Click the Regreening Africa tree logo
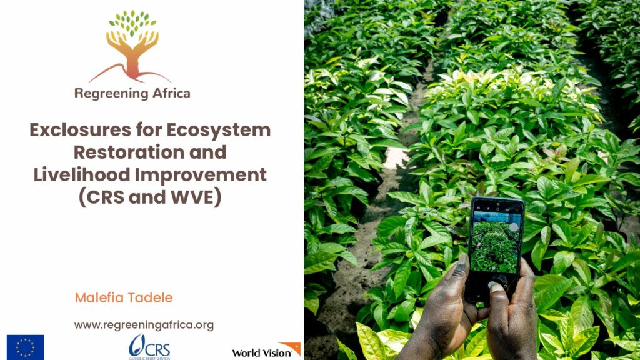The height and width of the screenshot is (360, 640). (x=132, y=46)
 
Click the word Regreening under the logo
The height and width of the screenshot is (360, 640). (x=105, y=94)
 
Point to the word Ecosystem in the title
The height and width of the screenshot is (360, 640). (x=218, y=130)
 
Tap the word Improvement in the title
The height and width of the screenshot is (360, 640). (x=201, y=175)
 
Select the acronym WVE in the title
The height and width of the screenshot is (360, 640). (x=192, y=197)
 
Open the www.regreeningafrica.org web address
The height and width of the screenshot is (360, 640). (x=144, y=325)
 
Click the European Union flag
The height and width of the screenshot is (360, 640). (x=25, y=347)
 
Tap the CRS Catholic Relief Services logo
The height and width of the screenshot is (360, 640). (x=149, y=347)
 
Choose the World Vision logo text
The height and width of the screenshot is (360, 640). (x=262, y=353)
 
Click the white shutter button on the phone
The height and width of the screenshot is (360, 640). (x=514, y=227)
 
